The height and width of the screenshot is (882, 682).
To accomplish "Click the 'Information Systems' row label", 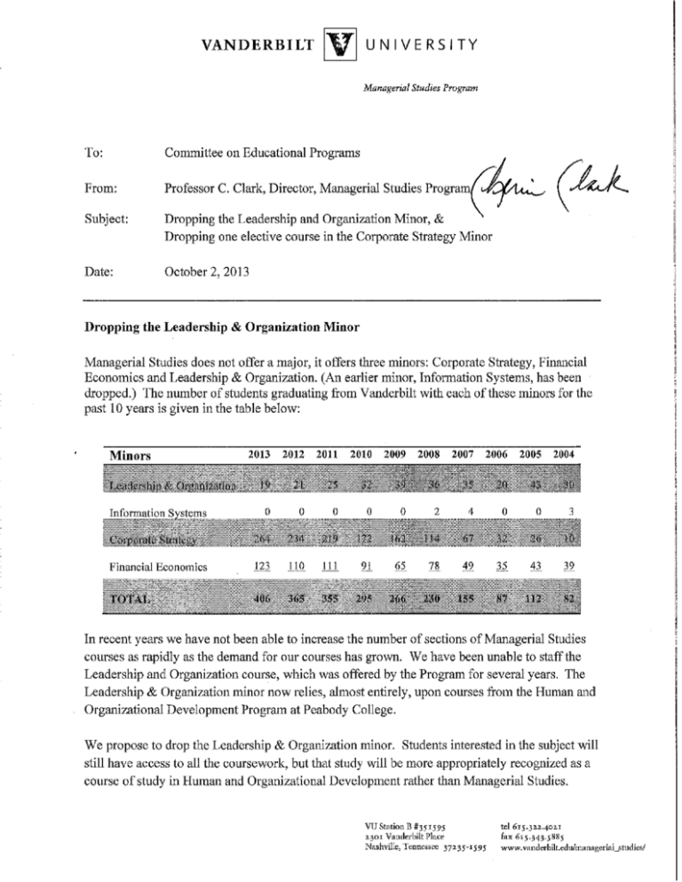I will point(156,512).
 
